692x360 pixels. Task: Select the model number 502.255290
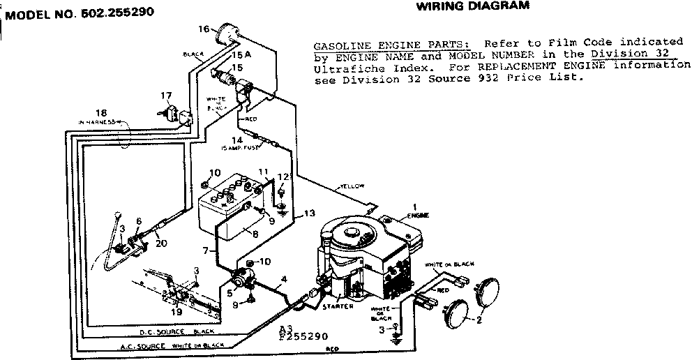[79, 12]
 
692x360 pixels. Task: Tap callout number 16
[203, 29]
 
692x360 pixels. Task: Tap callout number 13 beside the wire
[308, 213]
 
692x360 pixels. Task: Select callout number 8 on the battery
[255, 234]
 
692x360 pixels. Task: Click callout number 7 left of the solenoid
[205, 249]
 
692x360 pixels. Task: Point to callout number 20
[161, 243]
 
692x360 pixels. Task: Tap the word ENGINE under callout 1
[419, 217]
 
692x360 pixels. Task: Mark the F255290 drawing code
[302, 336]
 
